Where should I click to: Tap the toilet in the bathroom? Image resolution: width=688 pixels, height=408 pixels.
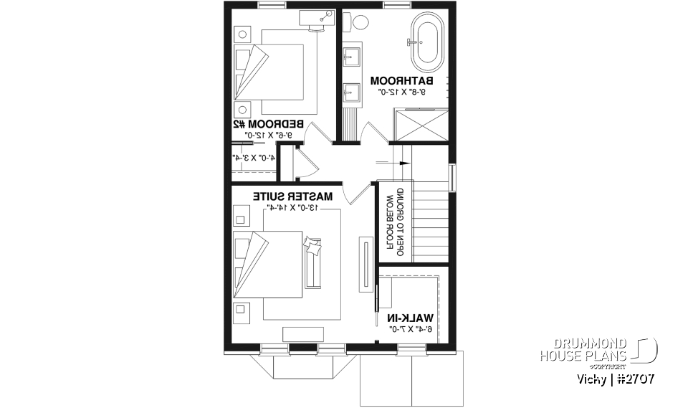coord(358,23)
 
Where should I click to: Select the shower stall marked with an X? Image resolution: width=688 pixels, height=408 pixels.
coord(420,125)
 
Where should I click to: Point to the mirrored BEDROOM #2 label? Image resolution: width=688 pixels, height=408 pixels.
coord(268,123)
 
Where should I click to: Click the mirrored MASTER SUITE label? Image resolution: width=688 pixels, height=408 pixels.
coord(292,195)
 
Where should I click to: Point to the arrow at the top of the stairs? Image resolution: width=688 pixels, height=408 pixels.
coord(403,163)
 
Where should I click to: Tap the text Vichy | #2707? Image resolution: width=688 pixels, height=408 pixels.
coord(615,377)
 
